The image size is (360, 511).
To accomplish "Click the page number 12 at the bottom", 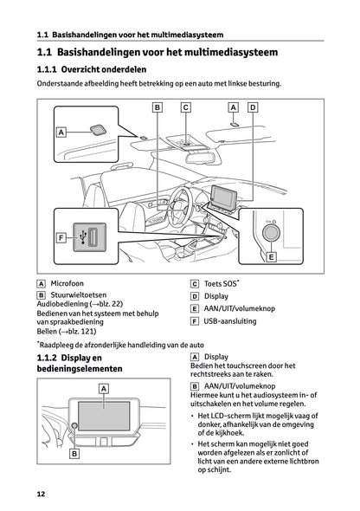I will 41,494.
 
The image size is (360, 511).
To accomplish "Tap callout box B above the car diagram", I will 157,107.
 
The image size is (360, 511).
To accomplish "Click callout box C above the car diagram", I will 185,107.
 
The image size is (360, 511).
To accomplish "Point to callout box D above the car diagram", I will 252,107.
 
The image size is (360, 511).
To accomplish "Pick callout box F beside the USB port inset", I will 61,237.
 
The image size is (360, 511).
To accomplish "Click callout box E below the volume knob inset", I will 271,257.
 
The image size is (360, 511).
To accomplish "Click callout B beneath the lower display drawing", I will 74,453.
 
